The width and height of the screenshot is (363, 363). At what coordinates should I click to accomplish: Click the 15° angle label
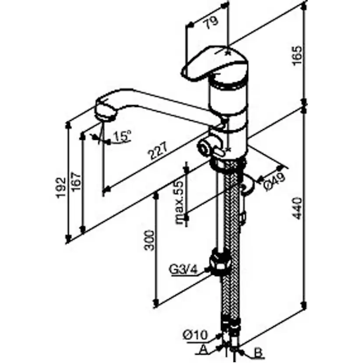(121, 137)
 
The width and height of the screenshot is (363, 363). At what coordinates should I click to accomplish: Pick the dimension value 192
(61, 188)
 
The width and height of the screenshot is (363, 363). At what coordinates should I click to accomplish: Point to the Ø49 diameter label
(274, 181)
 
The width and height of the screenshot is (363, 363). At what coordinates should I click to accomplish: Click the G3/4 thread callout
(183, 269)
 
